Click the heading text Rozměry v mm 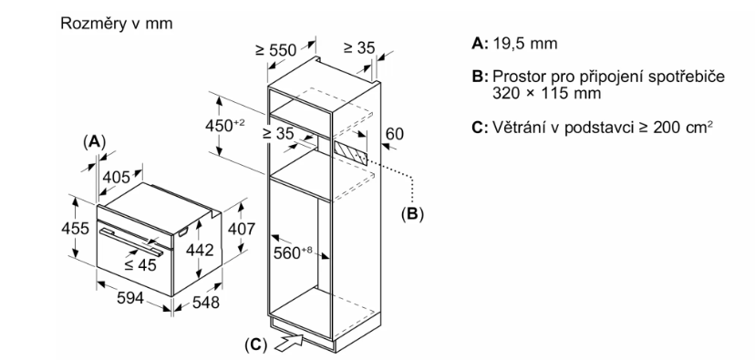point(116,24)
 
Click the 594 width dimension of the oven point(130,298)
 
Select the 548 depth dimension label point(205,302)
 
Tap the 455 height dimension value point(75,228)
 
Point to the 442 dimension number point(200,250)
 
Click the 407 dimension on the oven point(241,228)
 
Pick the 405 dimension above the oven point(116,177)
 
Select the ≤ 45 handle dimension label point(140,264)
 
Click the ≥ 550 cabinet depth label point(276,49)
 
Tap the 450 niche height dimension point(225,126)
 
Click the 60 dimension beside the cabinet point(395,133)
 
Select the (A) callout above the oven point(95,141)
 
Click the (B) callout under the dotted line point(412,213)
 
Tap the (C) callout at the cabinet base point(255,345)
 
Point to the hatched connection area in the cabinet point(349,151)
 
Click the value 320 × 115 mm point(546,93)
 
